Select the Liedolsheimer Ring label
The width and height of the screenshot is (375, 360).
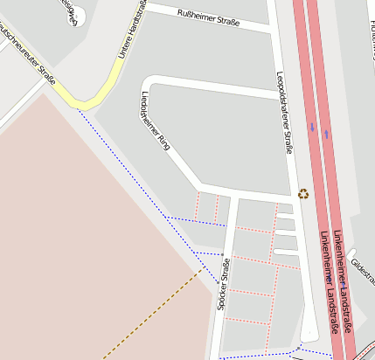pyautogui.click(x=155, y=121)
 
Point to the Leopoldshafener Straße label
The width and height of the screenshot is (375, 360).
pyautogui.click(x=284, y=113)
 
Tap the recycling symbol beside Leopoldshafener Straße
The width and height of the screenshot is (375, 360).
pyautogui.click(x=303, y=194)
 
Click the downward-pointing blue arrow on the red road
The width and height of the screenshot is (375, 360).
pyautogui.click(x=311, y=128)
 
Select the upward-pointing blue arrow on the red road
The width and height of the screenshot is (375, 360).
pyautogui.click(x=327, y=134)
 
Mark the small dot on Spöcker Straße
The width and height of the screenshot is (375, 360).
pyautogui.click(x=223, y=256)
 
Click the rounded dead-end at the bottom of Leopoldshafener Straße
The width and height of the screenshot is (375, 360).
pyautogui.click(x=309, y=336)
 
